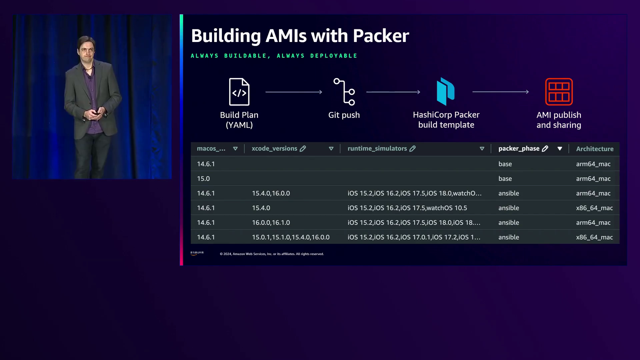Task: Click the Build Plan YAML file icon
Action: (239, 92)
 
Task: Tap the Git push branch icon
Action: (344, 92)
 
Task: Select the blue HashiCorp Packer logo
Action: (446, 91)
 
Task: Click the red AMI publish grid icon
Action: (559, 92)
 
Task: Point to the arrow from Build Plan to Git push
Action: (294, 92)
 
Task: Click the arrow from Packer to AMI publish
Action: (500, 92)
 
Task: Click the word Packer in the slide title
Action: (381, 36)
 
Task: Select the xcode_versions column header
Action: (274, 149)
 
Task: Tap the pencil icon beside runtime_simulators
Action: (413, 149)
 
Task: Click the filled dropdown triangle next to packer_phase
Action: (560, 149)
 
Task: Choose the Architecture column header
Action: (595, 149)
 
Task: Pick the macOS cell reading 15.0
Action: (203, 179)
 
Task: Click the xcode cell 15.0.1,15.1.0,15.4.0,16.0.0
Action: (291, 237)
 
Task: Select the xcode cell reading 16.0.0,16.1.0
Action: (271, 223)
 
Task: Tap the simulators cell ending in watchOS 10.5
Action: (407, 208)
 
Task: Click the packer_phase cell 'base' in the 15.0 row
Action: (505, 179)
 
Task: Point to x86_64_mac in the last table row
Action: (594, 237)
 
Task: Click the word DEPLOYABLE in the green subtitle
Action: (334, 56)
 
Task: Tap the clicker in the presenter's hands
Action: (96, 113)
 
